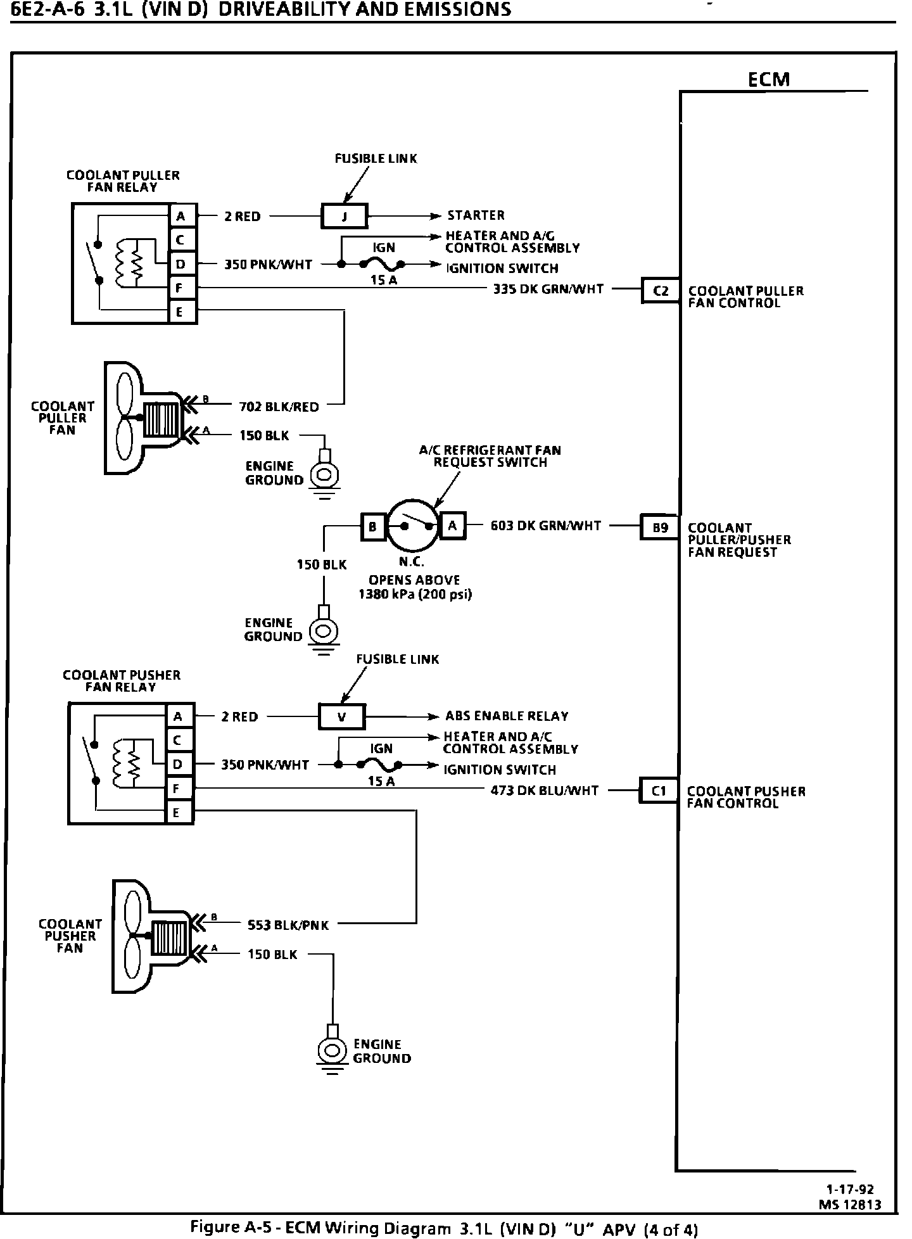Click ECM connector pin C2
[661, 291]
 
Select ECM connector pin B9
[661, 527]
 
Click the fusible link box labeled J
[344, 216]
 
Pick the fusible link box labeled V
[342, 717]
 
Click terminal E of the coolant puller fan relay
[180, 312]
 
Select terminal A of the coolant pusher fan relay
[178, 716]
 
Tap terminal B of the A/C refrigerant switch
[373, 526]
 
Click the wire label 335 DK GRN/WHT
[548, 289]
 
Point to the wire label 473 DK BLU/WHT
[545, 790]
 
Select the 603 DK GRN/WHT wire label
[546, 525]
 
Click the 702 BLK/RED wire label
[279, 407]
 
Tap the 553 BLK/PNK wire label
[288, 925]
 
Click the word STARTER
[476, 215]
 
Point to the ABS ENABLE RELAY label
[507, 716]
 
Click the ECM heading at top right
[769, 79]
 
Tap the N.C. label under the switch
[412, 562]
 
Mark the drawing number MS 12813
[850, 1205]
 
